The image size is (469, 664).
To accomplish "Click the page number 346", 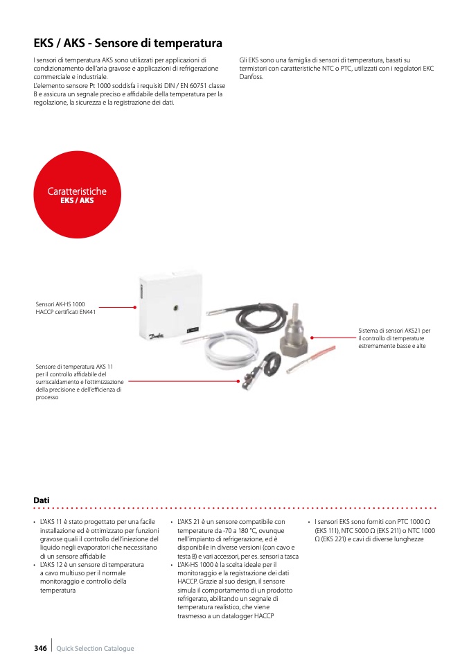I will (40, 648).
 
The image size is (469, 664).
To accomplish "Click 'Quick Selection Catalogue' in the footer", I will (95, 649).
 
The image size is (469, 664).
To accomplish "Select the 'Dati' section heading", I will (42, 500).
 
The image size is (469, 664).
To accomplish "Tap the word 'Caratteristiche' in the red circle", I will (77, 191).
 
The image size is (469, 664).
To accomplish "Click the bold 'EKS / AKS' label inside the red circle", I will (77, 200).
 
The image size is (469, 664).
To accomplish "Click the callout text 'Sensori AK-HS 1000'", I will (60, 304).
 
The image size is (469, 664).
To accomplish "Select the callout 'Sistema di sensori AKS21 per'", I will (394, 331).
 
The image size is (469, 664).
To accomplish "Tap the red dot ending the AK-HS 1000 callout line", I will (134, 307).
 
